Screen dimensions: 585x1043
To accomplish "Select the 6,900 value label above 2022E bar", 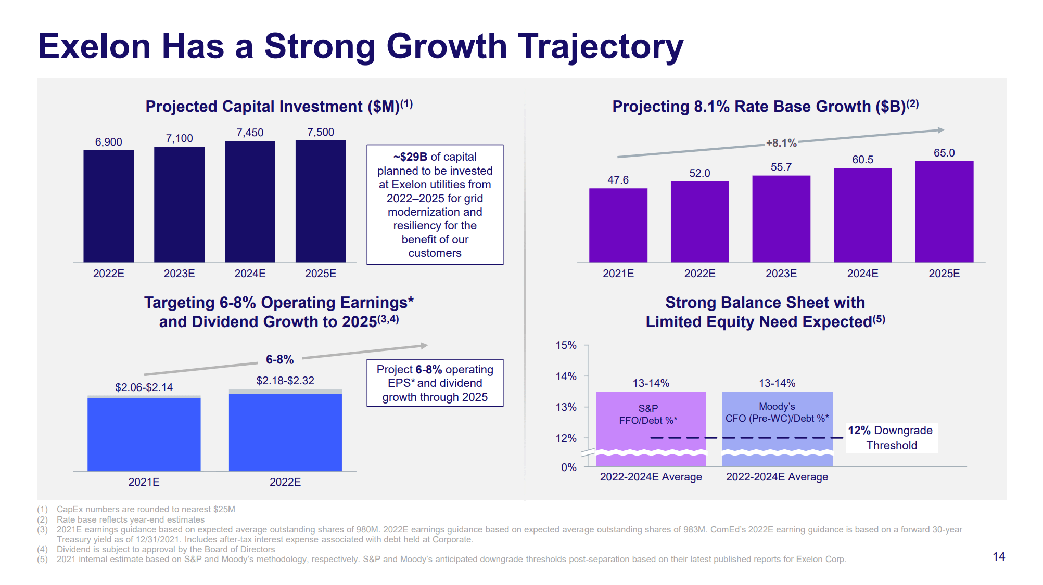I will point(108,142).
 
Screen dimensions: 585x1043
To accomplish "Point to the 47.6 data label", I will point(618,180).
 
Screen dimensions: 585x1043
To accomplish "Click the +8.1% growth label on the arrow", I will point(781,143).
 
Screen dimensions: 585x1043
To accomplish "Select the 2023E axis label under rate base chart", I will point(781,274).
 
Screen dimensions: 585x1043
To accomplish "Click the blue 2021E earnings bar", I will point(144,434).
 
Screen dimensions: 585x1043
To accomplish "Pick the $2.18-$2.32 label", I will point(285,381).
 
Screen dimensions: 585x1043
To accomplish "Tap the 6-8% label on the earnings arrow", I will point(279,359).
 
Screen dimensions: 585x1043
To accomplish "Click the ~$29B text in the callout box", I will point(410,157).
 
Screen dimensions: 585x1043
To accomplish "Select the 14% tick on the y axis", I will point(566,376).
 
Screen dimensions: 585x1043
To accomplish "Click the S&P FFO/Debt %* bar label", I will point(648,414).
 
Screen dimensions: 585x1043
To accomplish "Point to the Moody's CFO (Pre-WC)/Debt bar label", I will point(777,412).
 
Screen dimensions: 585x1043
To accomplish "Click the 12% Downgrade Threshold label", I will point(891,438).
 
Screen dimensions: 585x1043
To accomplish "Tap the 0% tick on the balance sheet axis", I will point(568,467).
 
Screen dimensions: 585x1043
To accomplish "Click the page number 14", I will point(998,556).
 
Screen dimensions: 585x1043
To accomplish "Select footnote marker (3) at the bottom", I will point(42,529).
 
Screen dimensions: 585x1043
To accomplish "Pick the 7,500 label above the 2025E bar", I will point(321,132).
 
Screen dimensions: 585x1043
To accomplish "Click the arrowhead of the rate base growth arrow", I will point(940,130).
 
